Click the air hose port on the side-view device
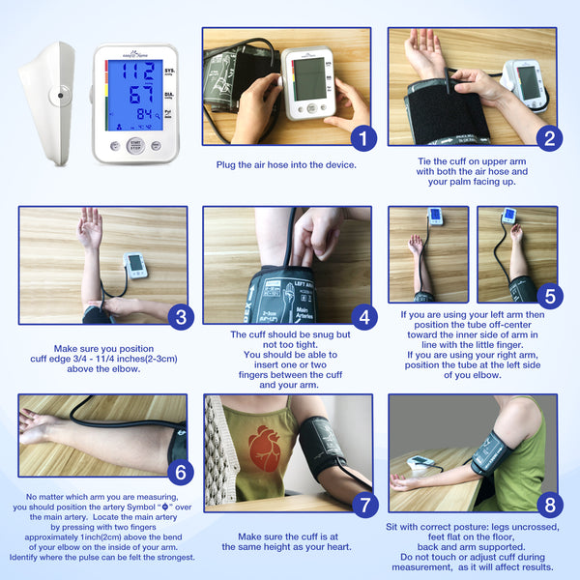coord(60,96)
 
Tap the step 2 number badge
coord(547,138)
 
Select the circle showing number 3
coord(180,316)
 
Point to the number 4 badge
coord(362,316)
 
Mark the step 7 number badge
coord(362,505)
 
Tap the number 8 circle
coord(547,505)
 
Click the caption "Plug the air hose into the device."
coord(286,164)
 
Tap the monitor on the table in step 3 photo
coord(136,264)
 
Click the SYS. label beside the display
coord(169,72)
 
